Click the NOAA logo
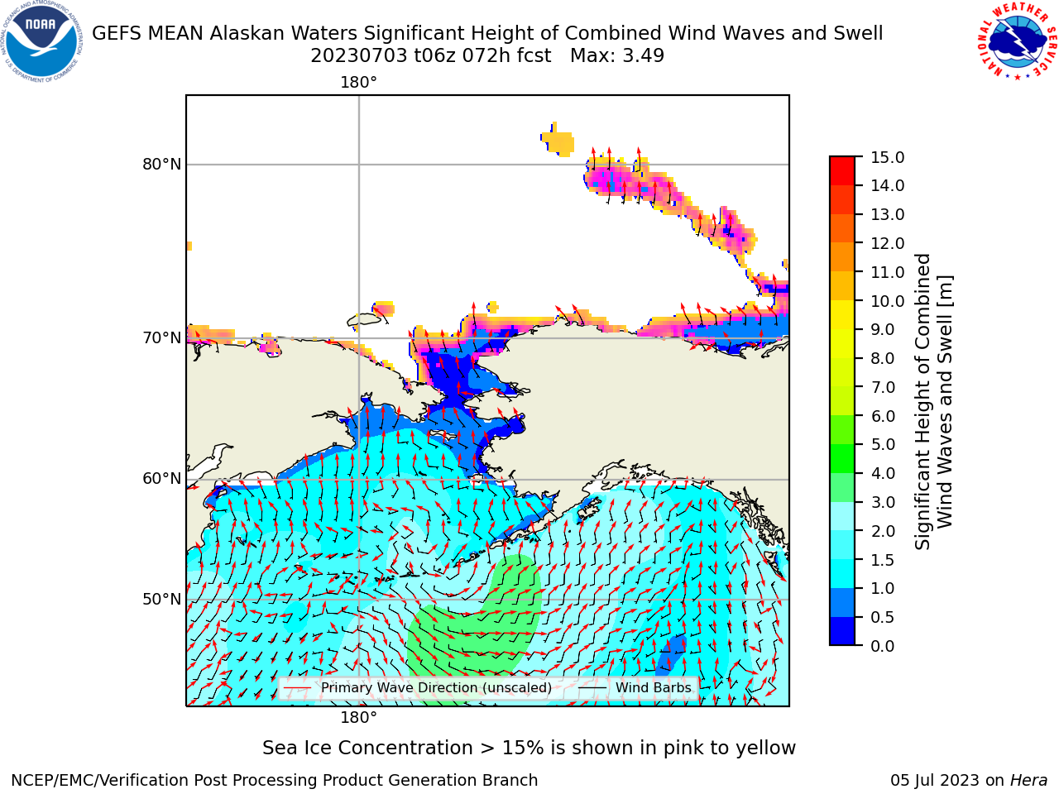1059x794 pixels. click(x=41, y=41)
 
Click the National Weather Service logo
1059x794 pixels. click(x=1017, y=41)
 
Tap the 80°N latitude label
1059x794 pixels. click(x=161, y=165)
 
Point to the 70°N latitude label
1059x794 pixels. click(x=161, y=338)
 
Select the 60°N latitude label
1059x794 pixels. click(x=161, y=479)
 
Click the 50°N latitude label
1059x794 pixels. click(x=161, y=600)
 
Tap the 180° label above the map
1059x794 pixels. click(x=358, y=83)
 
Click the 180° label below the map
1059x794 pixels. click(x=358, y=718)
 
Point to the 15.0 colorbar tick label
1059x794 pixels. click(x=887, y=157)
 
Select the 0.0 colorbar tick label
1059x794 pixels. click(x=883, y=646)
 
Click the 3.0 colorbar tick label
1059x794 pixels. click(x=883, y=502)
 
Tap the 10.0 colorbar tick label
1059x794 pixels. click(x=887, y=301)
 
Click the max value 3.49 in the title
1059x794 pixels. click(x=643, y=56)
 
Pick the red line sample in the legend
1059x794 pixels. click(x=297, y=688)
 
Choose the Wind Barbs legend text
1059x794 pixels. click(x=654, y=688)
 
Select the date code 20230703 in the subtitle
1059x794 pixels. click(x=359, y=56)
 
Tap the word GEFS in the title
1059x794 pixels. click(x=117, y=34)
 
